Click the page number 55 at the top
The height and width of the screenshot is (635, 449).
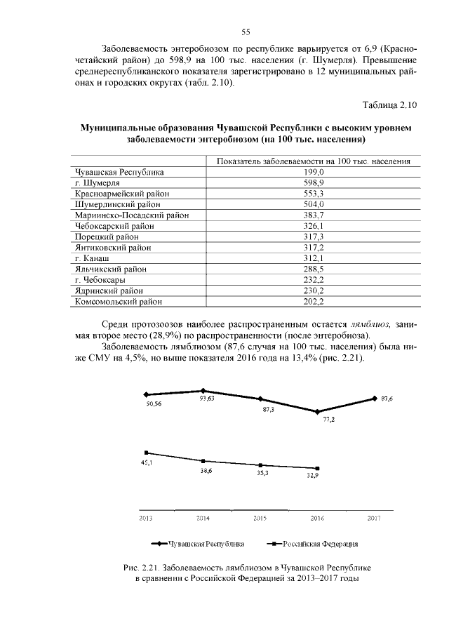click(x=246, y=32)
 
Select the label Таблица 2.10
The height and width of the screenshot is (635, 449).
click(x=389, y=105)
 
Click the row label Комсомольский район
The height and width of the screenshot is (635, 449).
click(x=119, y=302)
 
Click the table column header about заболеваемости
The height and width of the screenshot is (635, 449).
click(x=313, y=161)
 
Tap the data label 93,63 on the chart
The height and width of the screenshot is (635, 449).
click(x=206, y=400)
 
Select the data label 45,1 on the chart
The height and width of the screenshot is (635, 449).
click(x=147, y=464)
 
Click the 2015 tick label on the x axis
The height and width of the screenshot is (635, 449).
click(x=260, y=518)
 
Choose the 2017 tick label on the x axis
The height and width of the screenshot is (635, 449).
click(x=374, y=518)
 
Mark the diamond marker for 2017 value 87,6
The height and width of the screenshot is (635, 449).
click(x=374, y=399)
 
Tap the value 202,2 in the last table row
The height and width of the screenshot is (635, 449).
click(x=313, y=302)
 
